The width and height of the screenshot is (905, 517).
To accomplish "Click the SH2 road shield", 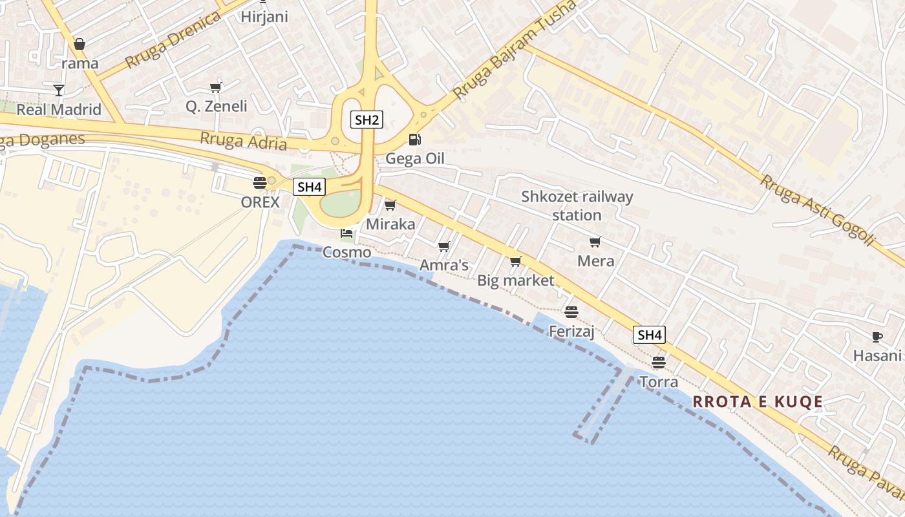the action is tap(367, 119).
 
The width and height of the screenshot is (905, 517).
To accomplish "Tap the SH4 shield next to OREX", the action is tap(308, 187).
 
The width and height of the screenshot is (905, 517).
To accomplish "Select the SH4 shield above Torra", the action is tap(650, 335).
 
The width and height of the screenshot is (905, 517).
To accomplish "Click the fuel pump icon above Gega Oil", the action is tap(414, 139).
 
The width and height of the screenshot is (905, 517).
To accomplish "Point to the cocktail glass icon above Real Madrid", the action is tap(59, 90).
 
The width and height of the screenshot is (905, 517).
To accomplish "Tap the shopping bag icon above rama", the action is tap(80, 44).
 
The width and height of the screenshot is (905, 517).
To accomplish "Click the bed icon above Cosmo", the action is tap(346, 233).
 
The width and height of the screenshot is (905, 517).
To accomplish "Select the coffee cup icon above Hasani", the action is tap(877, 337).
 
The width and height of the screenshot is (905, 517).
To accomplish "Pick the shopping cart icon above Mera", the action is tap(595, 242).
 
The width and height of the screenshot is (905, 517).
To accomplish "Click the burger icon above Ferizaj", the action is tap(571, 312).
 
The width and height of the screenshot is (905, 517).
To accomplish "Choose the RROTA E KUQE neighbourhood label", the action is tap(758, 402).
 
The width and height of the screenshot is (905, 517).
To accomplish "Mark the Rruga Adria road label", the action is tap(243, 141).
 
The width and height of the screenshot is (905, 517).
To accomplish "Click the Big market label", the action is tap(516, 280).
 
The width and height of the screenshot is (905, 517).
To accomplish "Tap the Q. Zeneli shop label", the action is tap(216, 106).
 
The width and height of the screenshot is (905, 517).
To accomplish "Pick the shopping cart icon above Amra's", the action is tap(443, 247).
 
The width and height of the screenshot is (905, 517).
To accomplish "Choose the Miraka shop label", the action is tap(390, 224).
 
